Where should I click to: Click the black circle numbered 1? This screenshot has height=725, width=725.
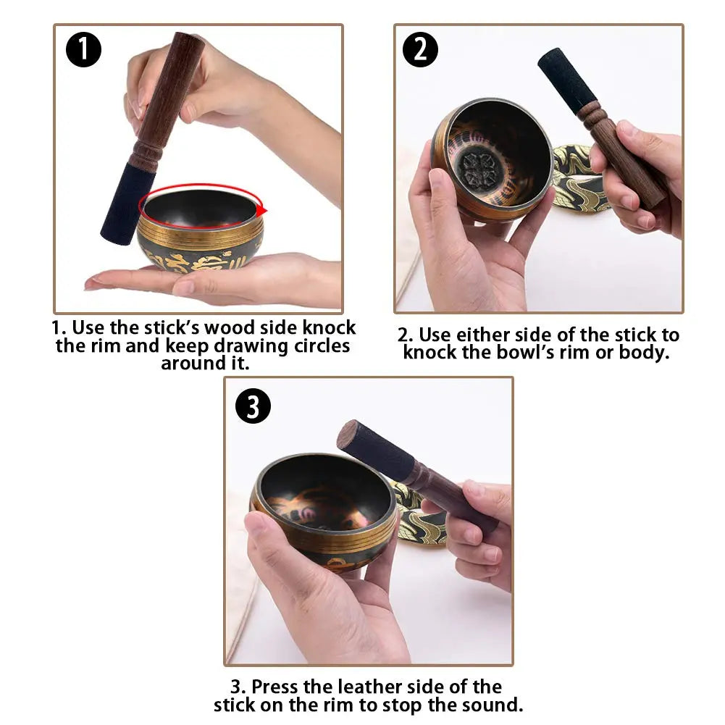84,50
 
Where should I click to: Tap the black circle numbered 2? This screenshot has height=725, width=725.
420,50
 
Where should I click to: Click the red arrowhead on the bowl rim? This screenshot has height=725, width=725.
261,210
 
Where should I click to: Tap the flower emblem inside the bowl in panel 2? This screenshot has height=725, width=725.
479,165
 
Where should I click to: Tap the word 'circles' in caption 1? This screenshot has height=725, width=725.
322,345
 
